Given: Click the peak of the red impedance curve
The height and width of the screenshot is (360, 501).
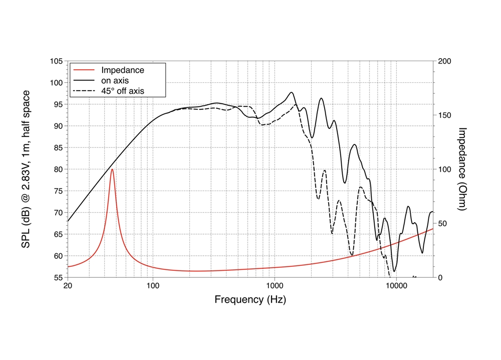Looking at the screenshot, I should [112, 169].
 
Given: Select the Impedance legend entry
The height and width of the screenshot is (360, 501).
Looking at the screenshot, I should [122, 70].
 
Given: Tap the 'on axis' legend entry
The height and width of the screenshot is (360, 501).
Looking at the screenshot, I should [115, 81].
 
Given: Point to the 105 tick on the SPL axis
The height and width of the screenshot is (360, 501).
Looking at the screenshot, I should [57, 61].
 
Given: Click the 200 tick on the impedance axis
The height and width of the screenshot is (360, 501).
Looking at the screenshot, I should [444, 61].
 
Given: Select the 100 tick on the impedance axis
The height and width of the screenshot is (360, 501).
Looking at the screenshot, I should [444, 169].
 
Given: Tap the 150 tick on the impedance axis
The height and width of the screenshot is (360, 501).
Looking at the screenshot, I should [444, 115].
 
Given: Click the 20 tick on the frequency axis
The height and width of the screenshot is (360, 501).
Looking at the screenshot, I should [68, 286].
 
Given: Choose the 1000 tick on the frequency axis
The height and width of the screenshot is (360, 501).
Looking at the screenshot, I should [275, 286].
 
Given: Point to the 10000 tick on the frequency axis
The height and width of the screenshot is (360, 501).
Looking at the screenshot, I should [396, 286].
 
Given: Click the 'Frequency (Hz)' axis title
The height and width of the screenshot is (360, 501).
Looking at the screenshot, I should [250, 300].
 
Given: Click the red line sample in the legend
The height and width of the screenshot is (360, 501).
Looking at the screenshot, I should [84, 70].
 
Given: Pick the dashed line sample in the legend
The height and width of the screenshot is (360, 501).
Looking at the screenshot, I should [84, 91].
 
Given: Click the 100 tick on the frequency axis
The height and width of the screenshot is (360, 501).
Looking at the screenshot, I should [153, 286].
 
